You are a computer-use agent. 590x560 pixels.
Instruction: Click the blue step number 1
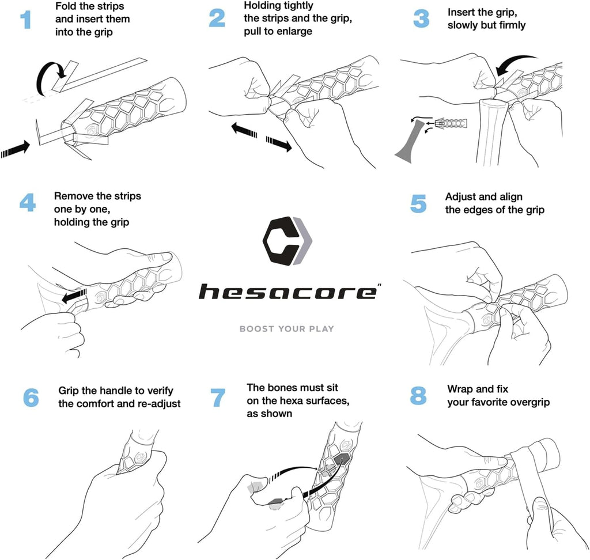26,20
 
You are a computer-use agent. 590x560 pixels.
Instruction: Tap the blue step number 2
217,18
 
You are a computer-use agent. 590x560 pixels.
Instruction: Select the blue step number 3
421,19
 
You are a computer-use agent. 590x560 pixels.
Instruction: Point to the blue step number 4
28,202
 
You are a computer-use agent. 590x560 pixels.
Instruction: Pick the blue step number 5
418,203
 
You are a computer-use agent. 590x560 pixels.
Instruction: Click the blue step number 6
31,398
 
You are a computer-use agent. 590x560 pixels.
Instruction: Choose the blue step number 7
218,398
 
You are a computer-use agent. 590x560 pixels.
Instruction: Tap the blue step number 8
418,396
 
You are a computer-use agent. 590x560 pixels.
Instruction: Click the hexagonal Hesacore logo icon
288,241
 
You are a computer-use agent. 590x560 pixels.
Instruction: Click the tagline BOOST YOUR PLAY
287,329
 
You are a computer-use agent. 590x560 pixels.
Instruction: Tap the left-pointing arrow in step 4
74,296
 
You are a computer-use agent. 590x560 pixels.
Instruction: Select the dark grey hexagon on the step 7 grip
341,460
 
